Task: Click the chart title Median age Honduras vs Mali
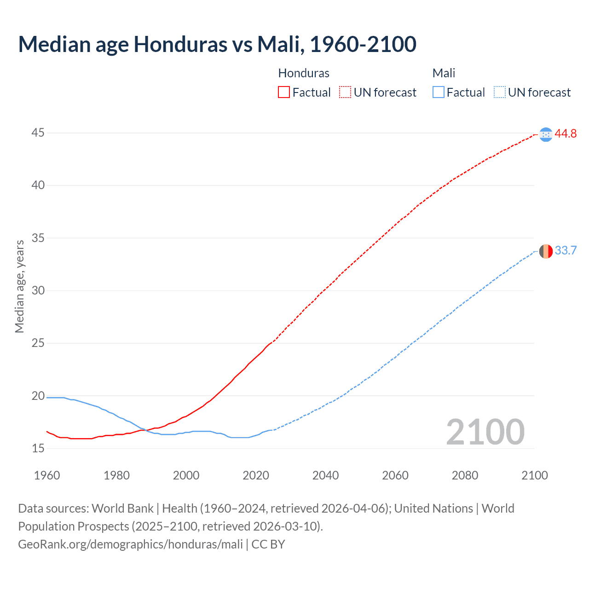click(217, 44)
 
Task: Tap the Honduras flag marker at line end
click(546, 134)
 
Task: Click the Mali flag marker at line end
click(546, 251)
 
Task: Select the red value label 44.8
click(566, 134)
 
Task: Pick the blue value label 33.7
click(566, 251)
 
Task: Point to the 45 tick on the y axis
click(38, 133)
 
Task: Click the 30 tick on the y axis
click(38, 290)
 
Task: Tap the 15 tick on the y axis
click(38, 448)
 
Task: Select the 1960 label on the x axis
click(47, 475)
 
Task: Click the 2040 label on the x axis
click(325, 475)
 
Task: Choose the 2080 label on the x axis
click(465, 475)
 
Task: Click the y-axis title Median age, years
click(19, 286)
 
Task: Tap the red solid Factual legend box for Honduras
click(284, 92)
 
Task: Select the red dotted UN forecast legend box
click(345, 92)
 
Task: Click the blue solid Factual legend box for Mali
click(439, 92)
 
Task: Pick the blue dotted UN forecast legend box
click(499, 92)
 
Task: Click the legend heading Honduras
click(304, 73)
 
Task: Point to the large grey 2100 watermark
click(485, 432)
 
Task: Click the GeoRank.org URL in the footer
click(130, 544)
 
